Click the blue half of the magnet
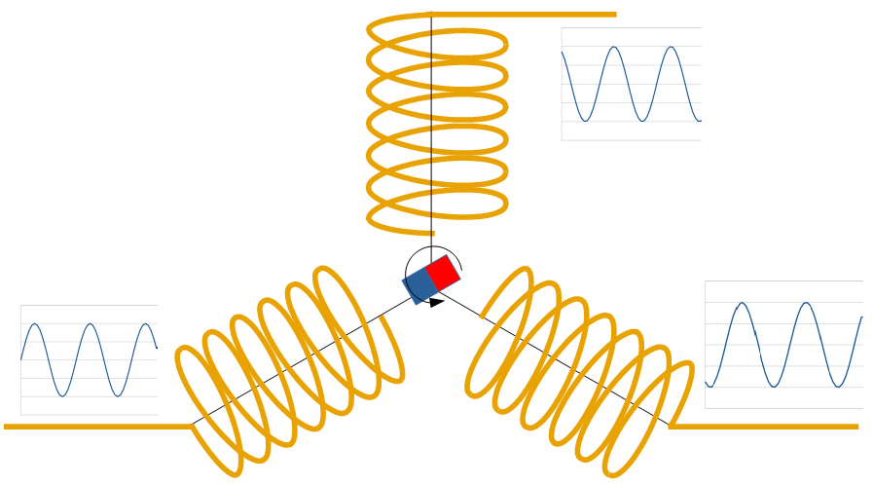coord(419,285)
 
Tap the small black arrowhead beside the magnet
coord(437,303)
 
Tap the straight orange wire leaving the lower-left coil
coord(97,426)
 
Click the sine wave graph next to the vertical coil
coord(631,84)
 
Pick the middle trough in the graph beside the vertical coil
coord(641,121)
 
